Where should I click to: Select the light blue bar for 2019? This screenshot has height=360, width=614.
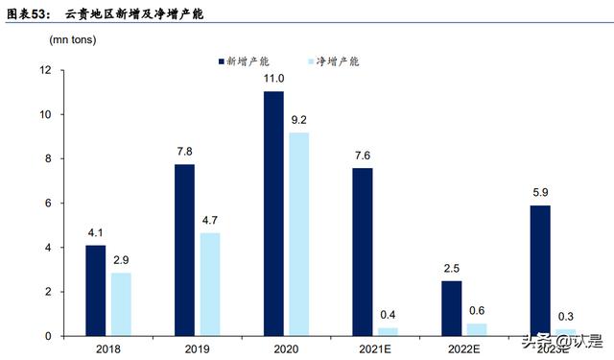pos(210,284)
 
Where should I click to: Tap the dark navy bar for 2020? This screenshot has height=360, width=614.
pos(273,213)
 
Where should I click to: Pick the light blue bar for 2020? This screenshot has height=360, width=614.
pos(299,234)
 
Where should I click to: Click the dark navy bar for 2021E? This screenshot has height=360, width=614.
pos(363,252)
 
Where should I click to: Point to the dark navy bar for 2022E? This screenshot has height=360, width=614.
pos(452,308)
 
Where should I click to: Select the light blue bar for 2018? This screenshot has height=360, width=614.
pos(120,304)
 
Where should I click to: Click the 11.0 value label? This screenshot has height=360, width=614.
pos(273,78)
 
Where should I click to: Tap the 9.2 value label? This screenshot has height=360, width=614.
pos(299,119)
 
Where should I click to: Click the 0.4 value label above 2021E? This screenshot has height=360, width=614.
pos(389,314)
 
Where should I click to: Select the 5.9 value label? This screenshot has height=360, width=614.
pos(542,191)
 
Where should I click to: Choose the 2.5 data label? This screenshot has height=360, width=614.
pos(452,267)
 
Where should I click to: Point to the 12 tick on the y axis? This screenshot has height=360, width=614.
pos(44,71)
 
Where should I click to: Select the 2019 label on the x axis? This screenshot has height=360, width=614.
pos(198,350)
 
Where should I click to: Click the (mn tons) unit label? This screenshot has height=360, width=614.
pos(72,41)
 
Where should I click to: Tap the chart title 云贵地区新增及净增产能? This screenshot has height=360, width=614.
pos(134,12)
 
